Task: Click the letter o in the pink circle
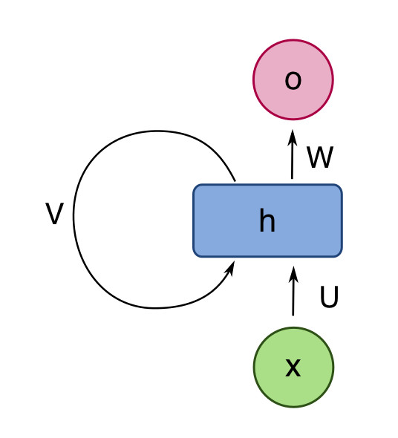[293, 80]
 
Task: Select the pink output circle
[293, 80]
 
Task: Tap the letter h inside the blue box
[267, 220]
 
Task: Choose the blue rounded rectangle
[267, 220]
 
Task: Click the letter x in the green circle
[293, 367]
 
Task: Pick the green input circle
[294, 367]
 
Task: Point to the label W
[320, 157]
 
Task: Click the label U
[329, 297]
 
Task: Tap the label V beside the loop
[54, 213]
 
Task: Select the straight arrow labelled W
[293, 154]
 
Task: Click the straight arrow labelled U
[293, 291]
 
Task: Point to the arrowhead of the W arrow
[293, 137]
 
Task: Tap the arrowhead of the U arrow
[293, 274]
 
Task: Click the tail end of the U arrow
[293, 316]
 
